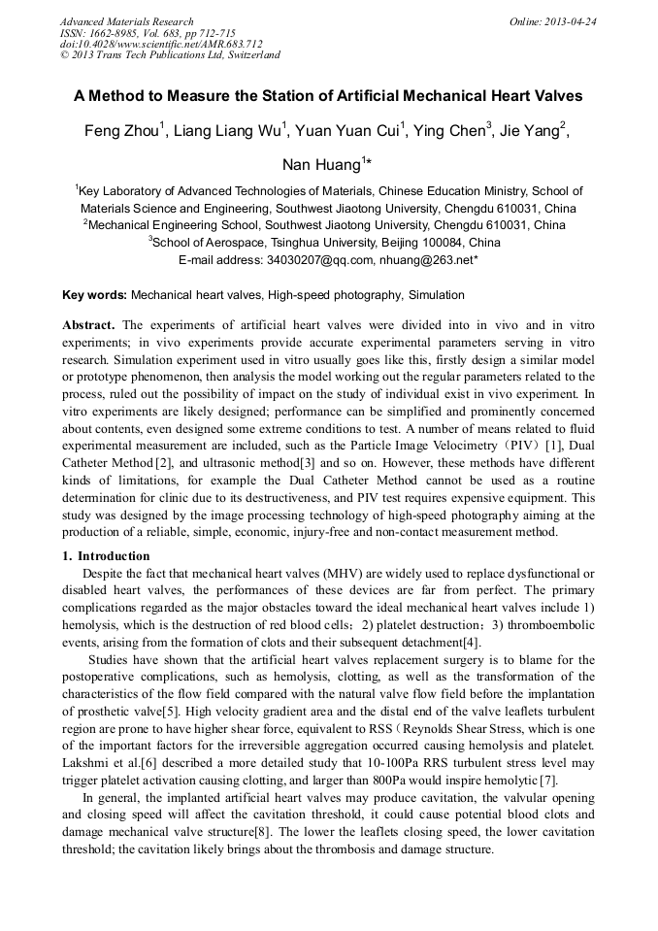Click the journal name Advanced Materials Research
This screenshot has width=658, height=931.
126,21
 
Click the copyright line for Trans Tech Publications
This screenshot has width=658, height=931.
170,55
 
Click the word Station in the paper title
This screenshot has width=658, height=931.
280,96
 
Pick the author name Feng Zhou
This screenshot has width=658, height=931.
121,132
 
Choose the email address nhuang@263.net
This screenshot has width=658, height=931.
429,260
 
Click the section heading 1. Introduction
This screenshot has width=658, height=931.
106,556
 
